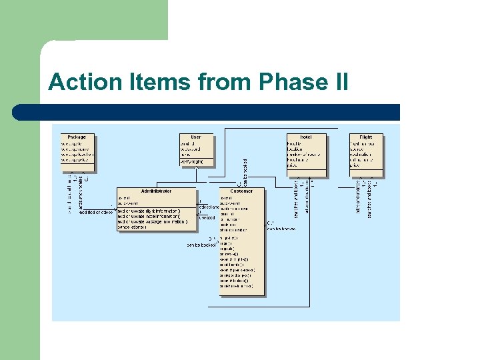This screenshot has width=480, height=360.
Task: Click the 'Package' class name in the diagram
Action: pyautogui.click(x=77, y=137)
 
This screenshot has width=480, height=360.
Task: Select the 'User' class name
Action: pyautogui.click(x=196, y=137)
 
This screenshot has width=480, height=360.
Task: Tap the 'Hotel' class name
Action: pyautogui.click(x=306, y=137)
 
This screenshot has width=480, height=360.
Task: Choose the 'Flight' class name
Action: pyautogui.click(x=366, y=137)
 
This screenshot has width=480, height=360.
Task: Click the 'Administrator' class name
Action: pyautogui.click(x=156, y=191)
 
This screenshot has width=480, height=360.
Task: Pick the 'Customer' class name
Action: pyautogui.click(x=241, y=191)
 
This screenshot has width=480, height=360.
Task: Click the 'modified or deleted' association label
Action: pyautogui.click(x=96, y=212)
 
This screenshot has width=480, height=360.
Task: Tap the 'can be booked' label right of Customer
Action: pyautogui.click(x=281, y=229)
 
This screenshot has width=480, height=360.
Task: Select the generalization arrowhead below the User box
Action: pyautogui.click(x=196, y=168)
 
